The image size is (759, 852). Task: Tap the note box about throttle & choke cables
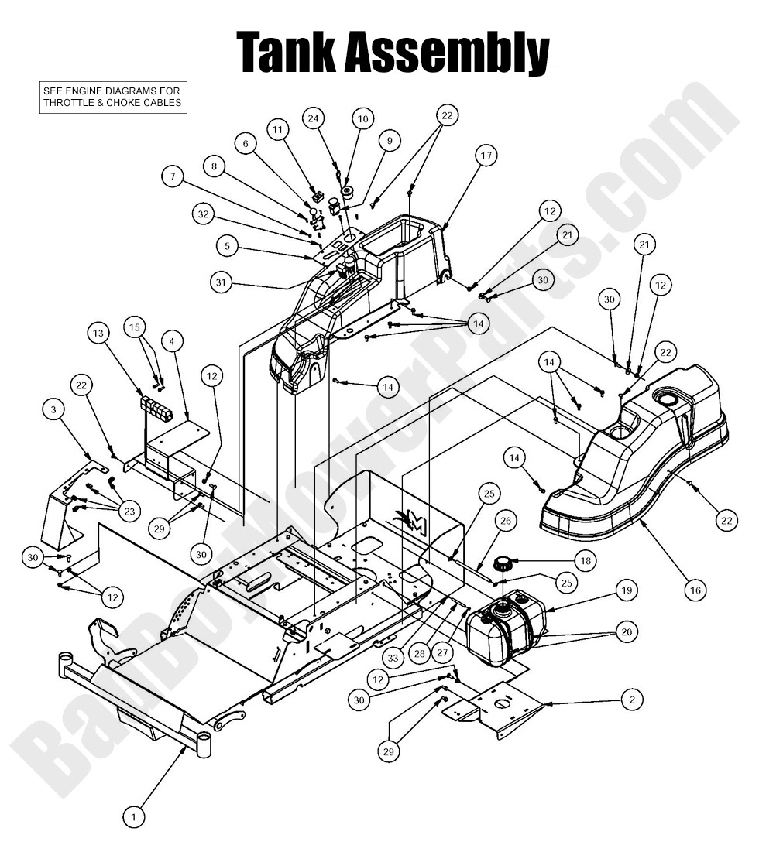click(113, 98)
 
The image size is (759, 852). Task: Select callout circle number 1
click(133, 816)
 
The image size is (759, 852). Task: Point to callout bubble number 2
click(632, 700)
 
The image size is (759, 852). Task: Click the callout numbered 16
click(695, 590)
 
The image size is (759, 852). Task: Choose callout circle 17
click(486, 156)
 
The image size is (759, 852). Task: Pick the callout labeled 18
click(584, 561)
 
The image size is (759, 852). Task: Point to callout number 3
click(53, 411)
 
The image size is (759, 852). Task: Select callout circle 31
click(222, 284)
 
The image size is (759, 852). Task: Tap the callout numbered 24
click(314, 118)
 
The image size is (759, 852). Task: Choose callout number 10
click(362, 118)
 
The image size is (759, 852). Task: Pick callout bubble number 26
click(505, 522)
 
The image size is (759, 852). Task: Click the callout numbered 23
click(129, 511)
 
